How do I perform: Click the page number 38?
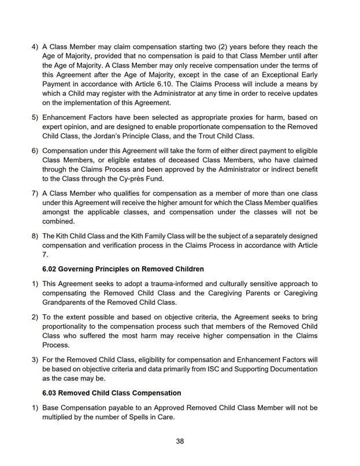(180, 441)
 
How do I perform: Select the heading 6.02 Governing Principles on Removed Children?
(123, 269)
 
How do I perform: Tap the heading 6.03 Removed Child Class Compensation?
(112, 393)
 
